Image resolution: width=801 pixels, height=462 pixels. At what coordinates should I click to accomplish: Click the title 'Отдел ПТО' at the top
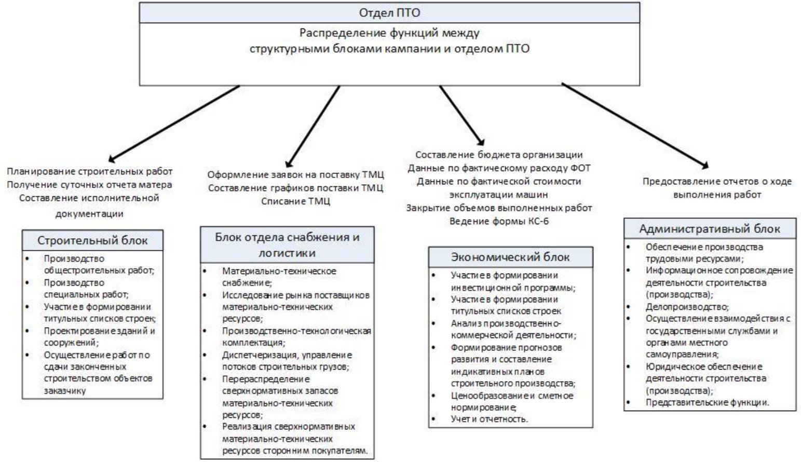tap(389, 12)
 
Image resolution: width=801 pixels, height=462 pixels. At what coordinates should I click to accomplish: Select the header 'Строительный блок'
tap(92, 240)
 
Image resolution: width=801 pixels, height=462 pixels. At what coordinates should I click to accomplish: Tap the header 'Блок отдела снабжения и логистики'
tap(287, 244)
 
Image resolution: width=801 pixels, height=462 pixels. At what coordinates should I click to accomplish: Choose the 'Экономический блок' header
tap(510, 257)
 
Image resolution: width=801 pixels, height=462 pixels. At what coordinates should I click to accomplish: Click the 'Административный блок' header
tap(709, 228)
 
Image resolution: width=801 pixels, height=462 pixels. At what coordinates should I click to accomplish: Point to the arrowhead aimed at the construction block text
tap(112, 159)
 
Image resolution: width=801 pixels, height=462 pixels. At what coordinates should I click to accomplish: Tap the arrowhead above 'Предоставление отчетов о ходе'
tap(704, 166)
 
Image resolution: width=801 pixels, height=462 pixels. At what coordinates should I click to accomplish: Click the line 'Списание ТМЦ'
tap(295, 201)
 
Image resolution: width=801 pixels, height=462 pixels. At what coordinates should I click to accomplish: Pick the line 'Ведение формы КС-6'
tap(499, 222)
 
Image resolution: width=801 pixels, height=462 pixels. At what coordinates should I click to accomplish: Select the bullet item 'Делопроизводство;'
tap(687, 307)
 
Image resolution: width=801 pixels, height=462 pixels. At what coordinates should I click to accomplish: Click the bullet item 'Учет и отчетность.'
tap(489, 419)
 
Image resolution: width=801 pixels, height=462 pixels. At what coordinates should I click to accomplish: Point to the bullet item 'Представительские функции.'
tap(707, 402)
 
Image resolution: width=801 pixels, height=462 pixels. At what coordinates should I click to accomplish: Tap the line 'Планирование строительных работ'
tap(89, 171)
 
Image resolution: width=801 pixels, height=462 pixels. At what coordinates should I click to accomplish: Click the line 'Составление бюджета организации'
tap(499, 155)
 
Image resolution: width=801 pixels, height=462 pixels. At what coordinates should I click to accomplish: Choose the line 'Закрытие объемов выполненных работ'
tap(499, 208)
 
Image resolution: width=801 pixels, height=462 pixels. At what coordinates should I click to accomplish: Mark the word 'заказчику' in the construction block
tap(65, 391)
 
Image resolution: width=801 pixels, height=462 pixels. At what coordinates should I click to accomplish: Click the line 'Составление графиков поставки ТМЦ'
tap(295, 188)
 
